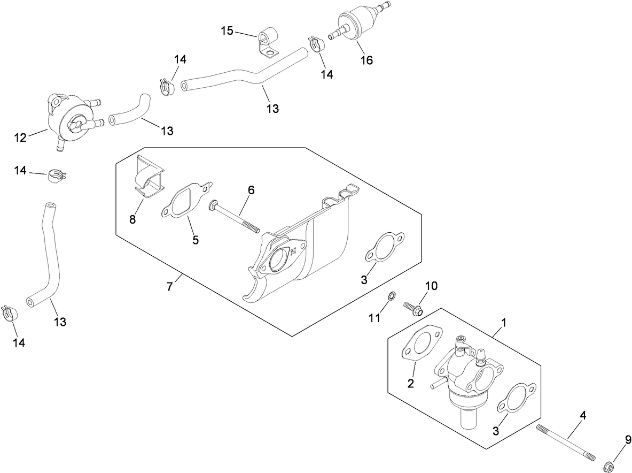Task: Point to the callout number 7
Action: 170,287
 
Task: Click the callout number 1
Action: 503,323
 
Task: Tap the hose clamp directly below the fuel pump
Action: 54,175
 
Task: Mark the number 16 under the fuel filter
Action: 366,60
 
